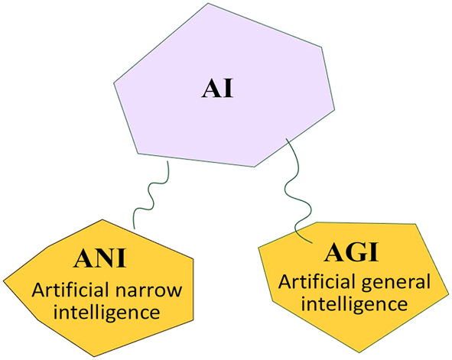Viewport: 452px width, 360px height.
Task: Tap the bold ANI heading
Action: (x=100, y=260)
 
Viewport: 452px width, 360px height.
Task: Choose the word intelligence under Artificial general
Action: (x=353, y=304)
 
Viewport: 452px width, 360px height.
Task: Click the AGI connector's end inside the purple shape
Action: (x=286, y=138)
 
